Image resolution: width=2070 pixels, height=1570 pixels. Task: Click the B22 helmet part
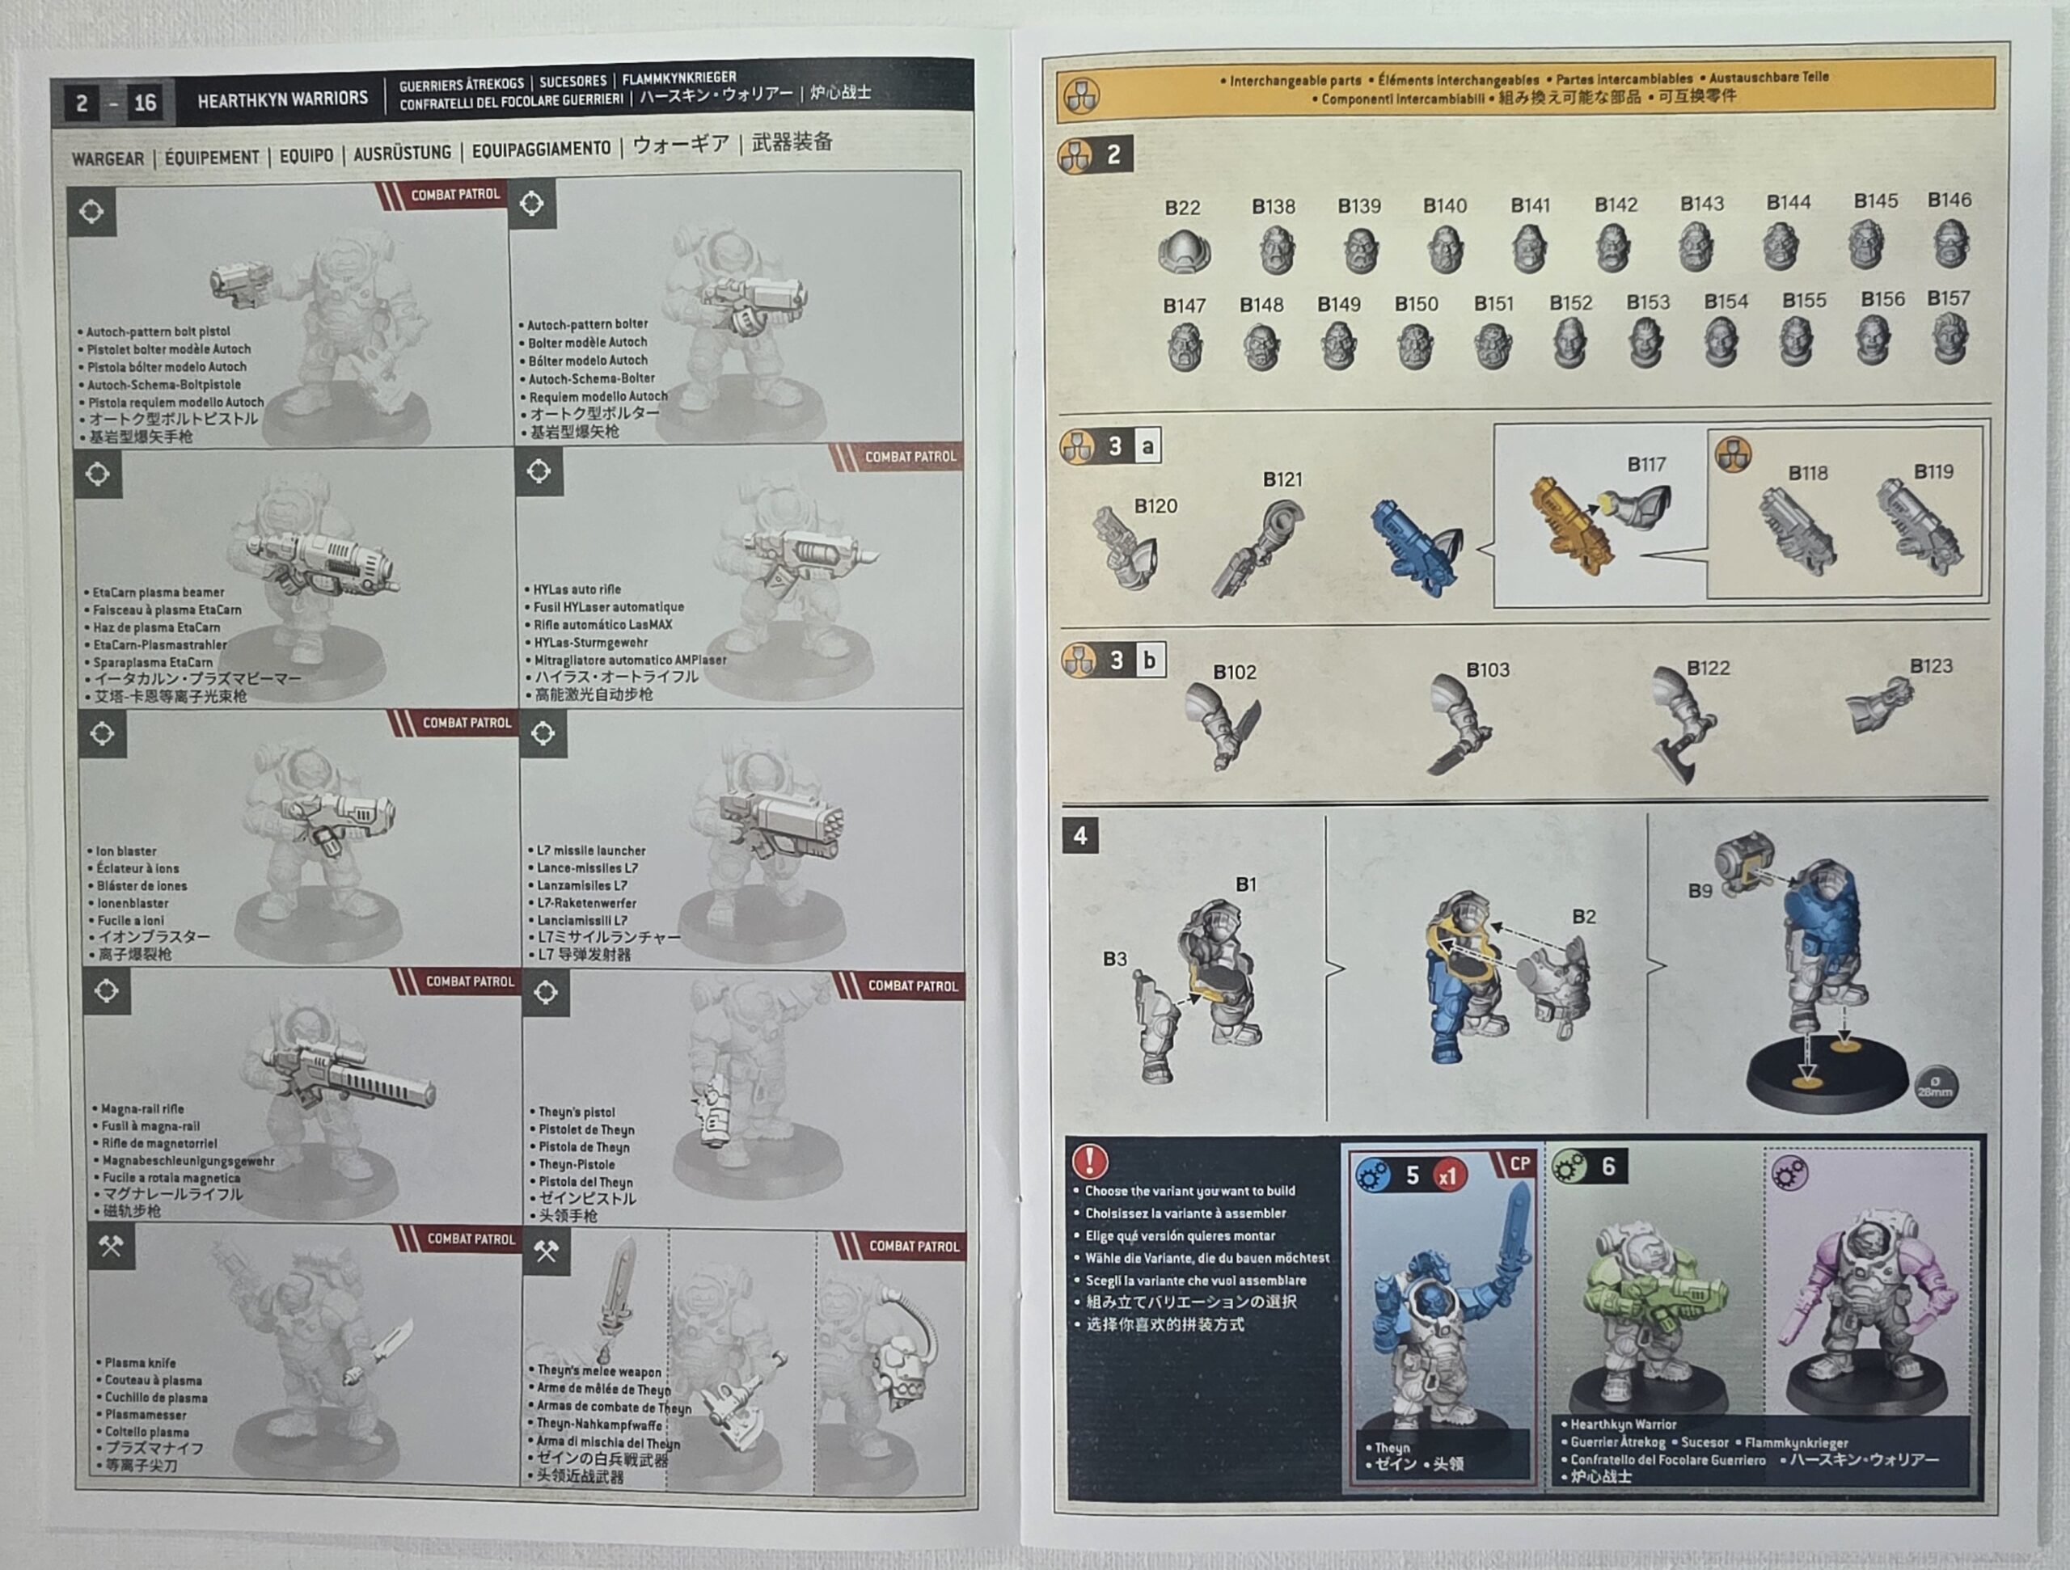click(x=1184, y=251)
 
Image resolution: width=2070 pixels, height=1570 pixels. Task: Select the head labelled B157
click(x=1950, y=338)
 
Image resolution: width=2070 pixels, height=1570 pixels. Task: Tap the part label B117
click(x=1646, y=464)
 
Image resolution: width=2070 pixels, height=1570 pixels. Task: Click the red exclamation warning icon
click(x=1089, y=1161)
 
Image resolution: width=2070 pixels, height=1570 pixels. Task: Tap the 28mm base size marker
click(x=1934, y=1087)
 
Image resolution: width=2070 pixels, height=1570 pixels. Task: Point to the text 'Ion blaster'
click(x=126, y=851)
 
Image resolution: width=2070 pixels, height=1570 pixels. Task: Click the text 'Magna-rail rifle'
click(x=142, y=1108)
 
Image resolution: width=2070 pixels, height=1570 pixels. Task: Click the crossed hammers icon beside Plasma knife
click(x=112, y=1247)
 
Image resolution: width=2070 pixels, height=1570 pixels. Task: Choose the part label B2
click(x=1583, y=917)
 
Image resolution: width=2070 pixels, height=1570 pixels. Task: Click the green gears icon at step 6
click(x=1569, y=1167)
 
